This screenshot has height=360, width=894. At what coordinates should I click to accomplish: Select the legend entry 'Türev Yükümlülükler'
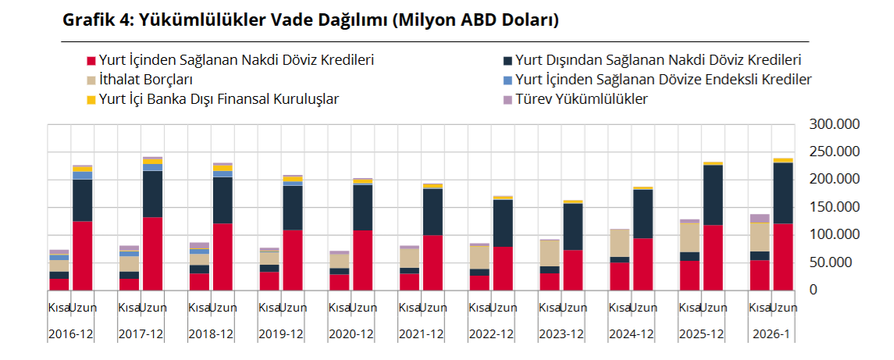click(581, 99)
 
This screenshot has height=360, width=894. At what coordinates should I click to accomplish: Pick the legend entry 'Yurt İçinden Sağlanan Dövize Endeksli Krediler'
click(663, 80)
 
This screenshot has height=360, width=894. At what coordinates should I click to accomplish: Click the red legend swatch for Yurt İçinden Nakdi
click(91, 60)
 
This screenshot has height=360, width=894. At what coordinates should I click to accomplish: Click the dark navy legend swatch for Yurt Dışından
click(508, 60)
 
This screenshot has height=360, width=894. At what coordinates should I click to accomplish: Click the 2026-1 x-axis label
click(773, 333)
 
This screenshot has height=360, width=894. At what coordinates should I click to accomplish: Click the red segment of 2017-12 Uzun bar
click(152, 254)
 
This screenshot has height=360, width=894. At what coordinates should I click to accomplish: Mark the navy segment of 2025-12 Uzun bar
click(713, 195)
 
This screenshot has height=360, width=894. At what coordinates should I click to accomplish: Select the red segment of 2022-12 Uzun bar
click(503, 268)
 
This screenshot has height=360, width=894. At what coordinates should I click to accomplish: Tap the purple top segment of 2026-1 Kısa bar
click(760, 219)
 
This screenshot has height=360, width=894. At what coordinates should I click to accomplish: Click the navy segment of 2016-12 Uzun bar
click(82, 201)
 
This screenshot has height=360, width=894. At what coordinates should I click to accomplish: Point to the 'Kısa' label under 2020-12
click(339, 308)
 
